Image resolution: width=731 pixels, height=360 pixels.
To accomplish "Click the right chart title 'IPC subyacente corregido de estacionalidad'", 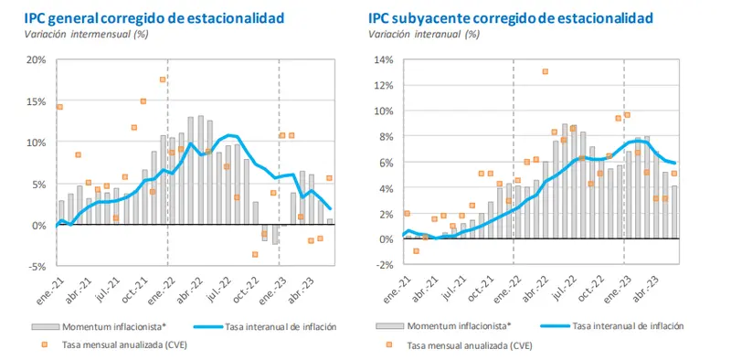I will [513, 17].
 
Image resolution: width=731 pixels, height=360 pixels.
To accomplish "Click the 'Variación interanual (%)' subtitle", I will [424, 34].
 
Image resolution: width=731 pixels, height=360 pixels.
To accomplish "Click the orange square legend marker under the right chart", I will [388, 346].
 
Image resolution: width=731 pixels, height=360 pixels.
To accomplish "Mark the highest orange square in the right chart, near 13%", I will [545, 71].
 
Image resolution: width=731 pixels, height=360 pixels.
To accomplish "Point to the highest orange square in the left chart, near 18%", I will [163, 79].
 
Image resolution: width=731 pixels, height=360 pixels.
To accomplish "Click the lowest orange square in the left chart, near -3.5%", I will [255, 254].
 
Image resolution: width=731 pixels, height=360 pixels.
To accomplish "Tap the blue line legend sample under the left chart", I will [209, 326].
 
